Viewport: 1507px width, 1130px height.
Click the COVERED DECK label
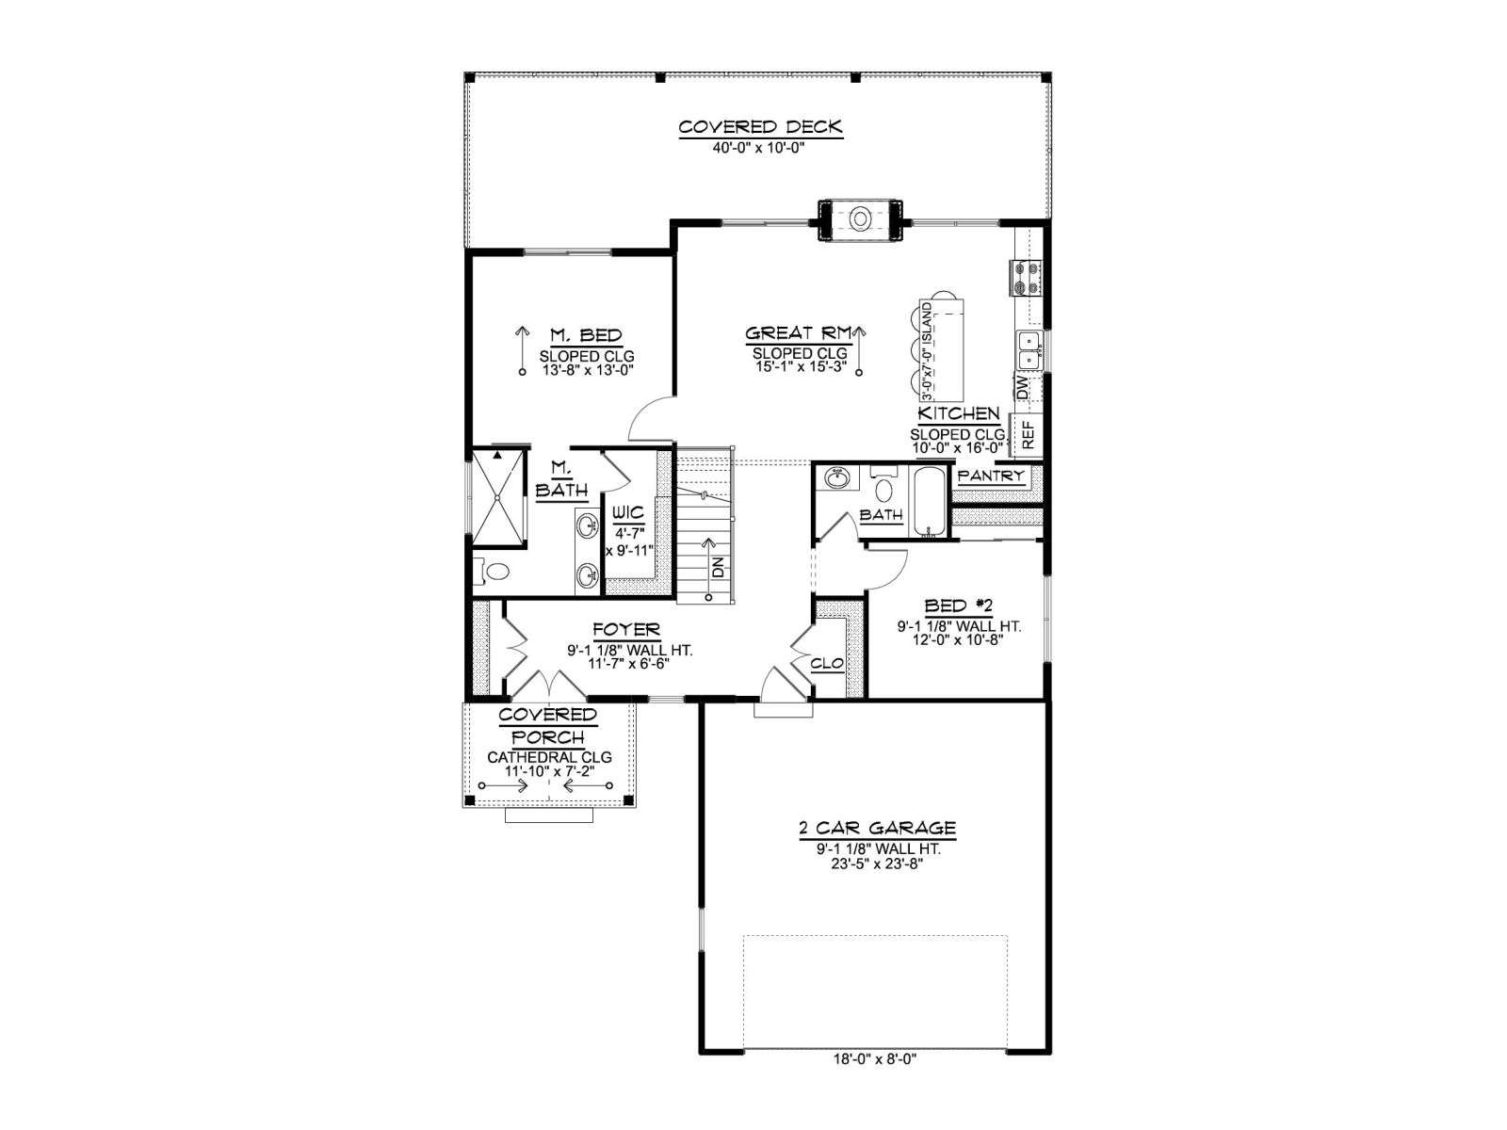pyautogui.click(x=760, y=127)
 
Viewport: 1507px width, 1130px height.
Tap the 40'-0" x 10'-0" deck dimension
pyautogui.click(x=760, y=148)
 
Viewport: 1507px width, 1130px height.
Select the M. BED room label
pyautogui.click(x=587, y=335)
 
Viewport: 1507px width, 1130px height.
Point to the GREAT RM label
pyautogui.click(x=799, y=333)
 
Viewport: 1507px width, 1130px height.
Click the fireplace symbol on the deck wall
pyautogui.click(x=860, y=219)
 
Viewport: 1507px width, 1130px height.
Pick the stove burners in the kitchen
pyautogui.click(x=1026, y=278)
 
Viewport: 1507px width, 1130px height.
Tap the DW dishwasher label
pyautogui.click(x=1023, y=388)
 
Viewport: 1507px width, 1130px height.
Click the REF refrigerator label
pyautogui.click(x=1028, y=435)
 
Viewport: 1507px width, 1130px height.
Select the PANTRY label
pyautogui.click(x=991, y=476)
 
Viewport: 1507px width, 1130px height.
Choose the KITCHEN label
pyautogui.click(x=959, y=413)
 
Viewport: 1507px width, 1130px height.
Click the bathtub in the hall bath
pyautogui.click(x=932, y=502)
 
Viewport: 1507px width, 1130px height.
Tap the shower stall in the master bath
pyautogui.click(x=498, y=498)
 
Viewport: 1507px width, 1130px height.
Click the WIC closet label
pyautogui.click(x=628, y=512)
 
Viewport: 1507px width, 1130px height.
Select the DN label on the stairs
pyautogui.click(x=718, y=568)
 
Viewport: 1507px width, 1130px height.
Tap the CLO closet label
pyautogui.click(x=827, y=664)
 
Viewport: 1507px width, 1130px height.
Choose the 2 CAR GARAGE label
pyautogui.click(x=878, y=828)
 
